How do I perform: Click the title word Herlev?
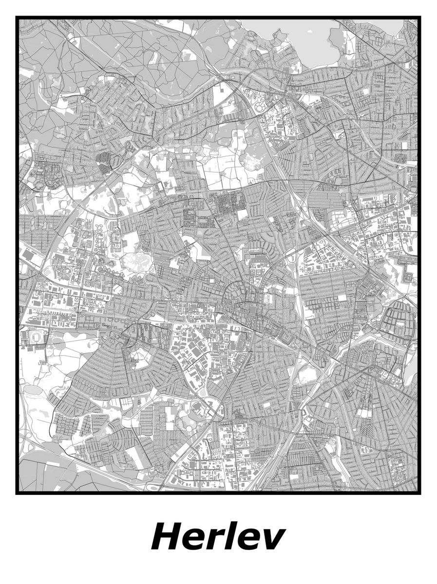218,537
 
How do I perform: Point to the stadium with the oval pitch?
37,337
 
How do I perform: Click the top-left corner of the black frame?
17,18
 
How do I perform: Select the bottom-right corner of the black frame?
419,493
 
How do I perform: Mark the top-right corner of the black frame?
419,18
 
